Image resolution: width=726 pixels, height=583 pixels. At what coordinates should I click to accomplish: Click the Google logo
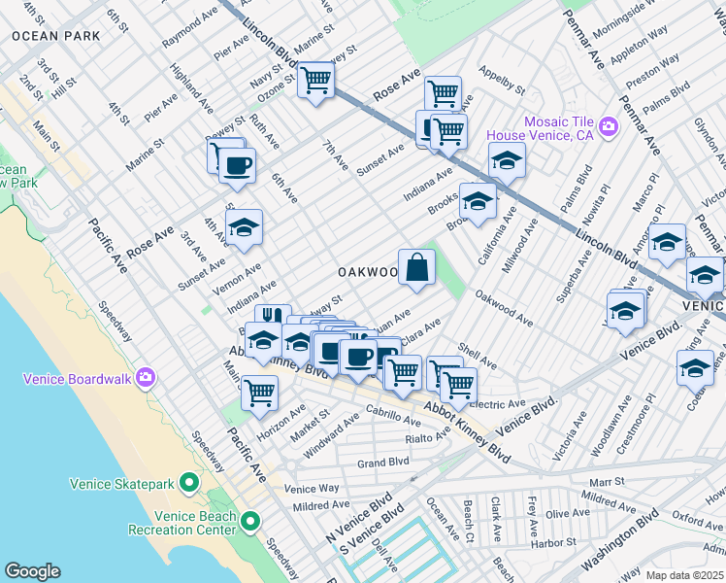(32, 571)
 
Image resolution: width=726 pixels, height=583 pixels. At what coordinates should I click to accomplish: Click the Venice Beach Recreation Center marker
(250, 522)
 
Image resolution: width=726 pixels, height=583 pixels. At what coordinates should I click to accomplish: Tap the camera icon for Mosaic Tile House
(609, 126)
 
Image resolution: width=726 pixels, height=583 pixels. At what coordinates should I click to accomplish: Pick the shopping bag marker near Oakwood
(416, 267)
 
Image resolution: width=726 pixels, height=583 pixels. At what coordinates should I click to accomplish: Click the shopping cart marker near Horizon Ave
(259, 392)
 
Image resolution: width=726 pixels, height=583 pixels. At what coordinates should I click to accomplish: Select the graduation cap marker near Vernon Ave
(244, 227)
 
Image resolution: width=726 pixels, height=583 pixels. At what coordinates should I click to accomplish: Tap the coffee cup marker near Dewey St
(236, 164)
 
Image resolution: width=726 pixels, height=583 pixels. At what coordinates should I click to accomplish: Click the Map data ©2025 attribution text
(683, 575)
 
